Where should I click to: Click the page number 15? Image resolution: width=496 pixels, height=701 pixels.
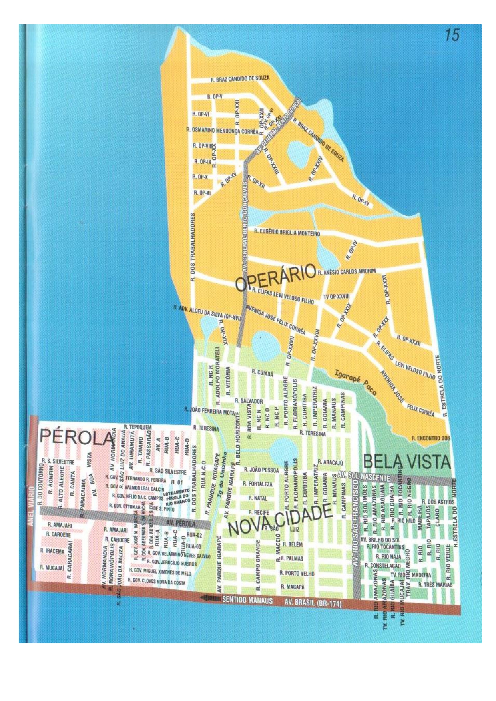click(452, 35)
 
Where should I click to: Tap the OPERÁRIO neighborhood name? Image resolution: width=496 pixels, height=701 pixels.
click(276, 277)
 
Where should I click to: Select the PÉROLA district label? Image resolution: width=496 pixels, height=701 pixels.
click(76, 437)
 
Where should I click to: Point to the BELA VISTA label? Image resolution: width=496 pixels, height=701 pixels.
click(406, 462)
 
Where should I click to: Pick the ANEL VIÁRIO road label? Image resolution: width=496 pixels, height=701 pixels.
click(32, 506)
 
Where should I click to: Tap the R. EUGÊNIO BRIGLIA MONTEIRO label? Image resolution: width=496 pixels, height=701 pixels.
click(287, 232)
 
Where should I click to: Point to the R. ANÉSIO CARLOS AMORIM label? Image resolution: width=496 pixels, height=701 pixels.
click(347, 272)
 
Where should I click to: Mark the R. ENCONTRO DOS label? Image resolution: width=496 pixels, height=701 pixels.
click(430, 438)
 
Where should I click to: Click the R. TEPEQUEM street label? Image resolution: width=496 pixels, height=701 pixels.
click(137, 427)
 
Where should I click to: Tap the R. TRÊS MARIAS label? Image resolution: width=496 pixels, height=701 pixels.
click(435, 584)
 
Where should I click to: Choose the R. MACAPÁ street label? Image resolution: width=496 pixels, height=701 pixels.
click(292, 587)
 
